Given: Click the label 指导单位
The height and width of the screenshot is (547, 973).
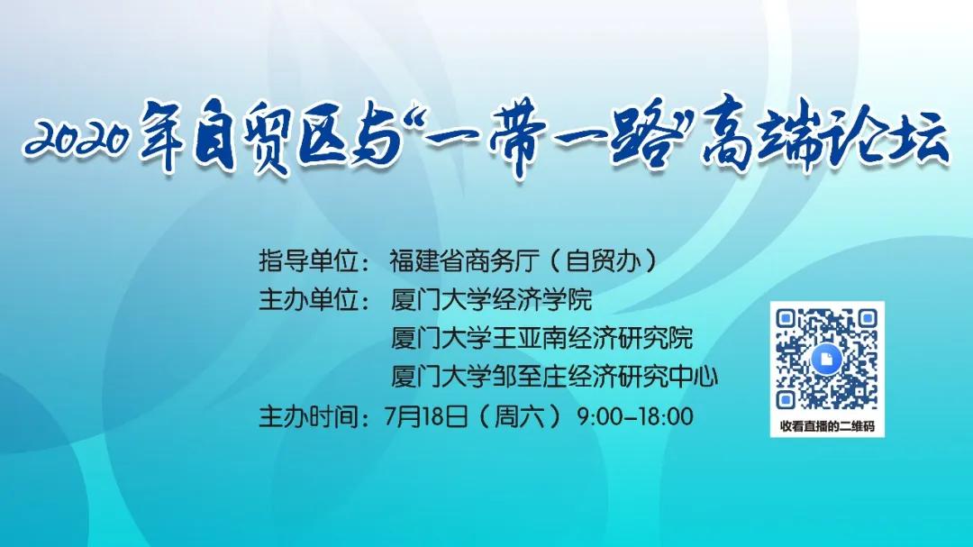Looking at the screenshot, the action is [x=309, y=260].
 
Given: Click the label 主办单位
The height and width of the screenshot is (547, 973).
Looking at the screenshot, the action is [x=309, y=300].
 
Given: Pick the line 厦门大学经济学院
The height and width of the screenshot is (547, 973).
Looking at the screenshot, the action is [x=491, y=300].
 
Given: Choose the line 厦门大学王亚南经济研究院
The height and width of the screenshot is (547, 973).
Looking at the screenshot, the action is [x=541, y=338].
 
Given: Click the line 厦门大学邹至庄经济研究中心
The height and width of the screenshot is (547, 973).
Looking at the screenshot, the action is [x=554, y=377].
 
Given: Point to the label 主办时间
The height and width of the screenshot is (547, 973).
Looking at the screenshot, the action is [x=309, y=416].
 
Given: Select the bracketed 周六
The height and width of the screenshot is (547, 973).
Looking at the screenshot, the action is [x=519, y=416].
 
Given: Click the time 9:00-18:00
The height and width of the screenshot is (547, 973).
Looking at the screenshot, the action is [x=635, y=416].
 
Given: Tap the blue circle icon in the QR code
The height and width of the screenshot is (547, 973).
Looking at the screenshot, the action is [x=826, y=359].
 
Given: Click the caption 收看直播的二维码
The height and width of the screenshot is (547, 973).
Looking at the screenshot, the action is [x=827, y=426].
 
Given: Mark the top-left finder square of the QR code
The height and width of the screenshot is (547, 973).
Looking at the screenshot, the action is [x=787, y=319].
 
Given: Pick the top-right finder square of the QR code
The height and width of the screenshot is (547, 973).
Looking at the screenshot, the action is [x=868, y=319].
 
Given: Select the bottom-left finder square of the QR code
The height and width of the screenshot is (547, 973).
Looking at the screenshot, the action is [x=787, y=400].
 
